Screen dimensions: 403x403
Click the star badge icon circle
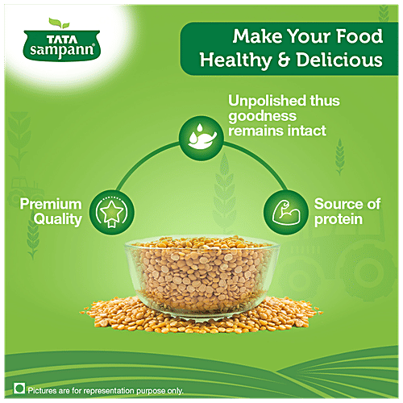tap(112, 210)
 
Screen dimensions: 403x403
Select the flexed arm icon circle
tap(281, 210)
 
